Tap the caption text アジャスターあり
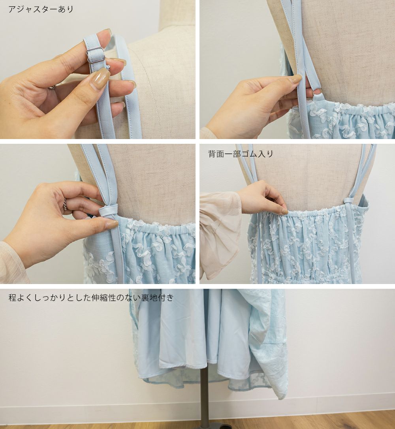pyautogui.click(x=41, y=9)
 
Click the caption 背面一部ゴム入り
pyautogui.click(x=241, y=154)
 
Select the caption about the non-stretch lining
pyautogui.click(x=91, y=297)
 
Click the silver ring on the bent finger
pyautogui.click(x=53, y=87)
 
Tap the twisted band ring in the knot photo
pyautogui.click(x=65, y=204)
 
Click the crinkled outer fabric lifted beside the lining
pyautogui.click(x=269, y=342)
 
